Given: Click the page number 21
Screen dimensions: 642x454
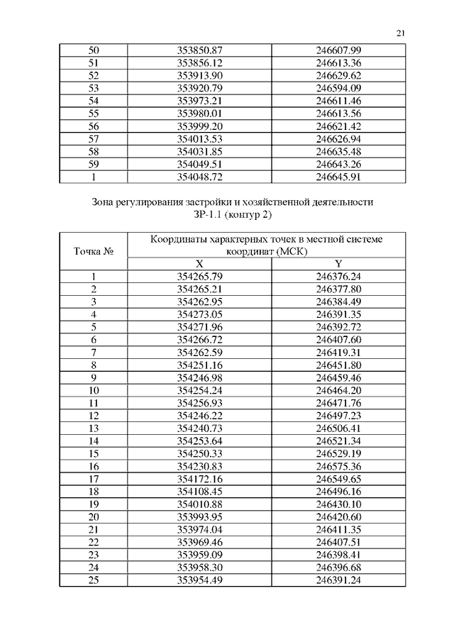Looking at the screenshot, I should tap(401, 33).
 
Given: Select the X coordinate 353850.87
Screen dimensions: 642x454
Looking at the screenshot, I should tap(199, 50).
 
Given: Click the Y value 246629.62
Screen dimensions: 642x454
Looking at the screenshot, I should tap(338, 75).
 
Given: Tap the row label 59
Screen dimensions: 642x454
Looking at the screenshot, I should tap(93, 165).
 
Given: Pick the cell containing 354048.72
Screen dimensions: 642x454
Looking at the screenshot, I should tap(199, 177).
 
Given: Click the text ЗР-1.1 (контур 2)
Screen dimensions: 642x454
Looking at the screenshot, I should tap(233, 214).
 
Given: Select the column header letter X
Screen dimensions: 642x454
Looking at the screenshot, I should tap(199, 263).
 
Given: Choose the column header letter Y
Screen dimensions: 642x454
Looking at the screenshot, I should tap(338, 263).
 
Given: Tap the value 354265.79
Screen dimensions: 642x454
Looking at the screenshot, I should tap(199, 276).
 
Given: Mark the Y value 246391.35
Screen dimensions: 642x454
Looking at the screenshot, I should tap(338, 314).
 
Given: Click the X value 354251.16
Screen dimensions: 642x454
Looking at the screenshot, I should tap(199, 365).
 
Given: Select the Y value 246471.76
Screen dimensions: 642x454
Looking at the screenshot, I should tap(338, 403).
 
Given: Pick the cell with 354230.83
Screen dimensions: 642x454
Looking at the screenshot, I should tap(199, 466).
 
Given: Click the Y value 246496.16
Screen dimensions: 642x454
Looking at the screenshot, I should tap(338, 492).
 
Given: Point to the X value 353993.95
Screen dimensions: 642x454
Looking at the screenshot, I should tap(199, 517).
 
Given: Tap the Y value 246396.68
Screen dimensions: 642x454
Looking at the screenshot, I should tap(338, 568).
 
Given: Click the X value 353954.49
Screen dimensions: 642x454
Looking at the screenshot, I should tap(199, 580).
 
